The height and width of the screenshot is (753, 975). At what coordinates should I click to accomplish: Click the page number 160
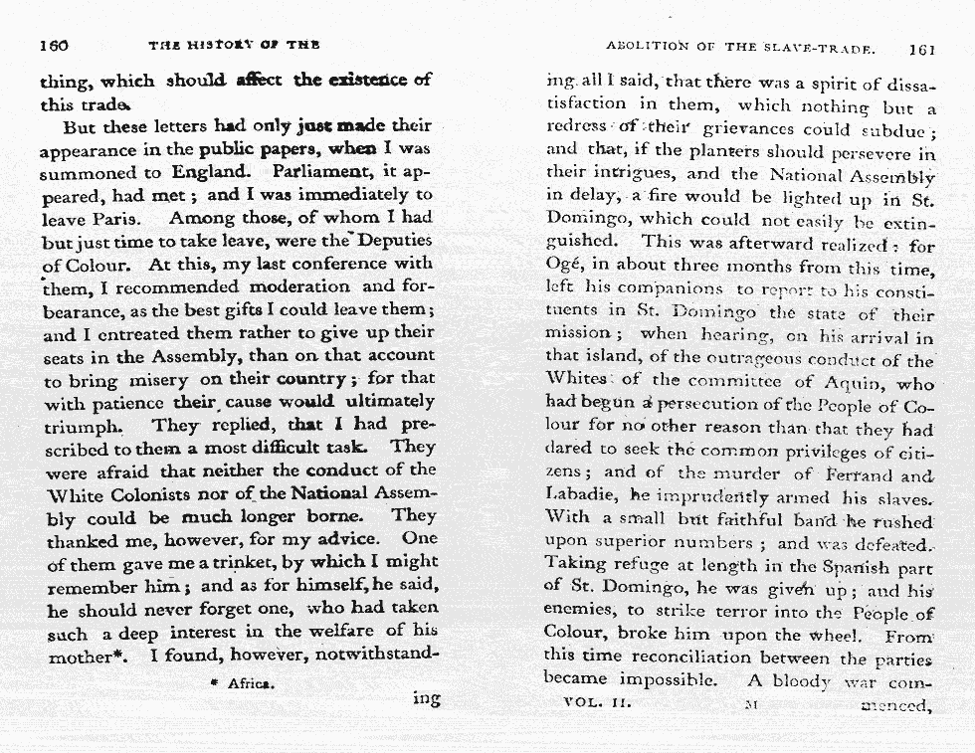pos(54,45)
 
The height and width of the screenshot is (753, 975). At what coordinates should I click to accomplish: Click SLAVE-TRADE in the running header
pos(829,48)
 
